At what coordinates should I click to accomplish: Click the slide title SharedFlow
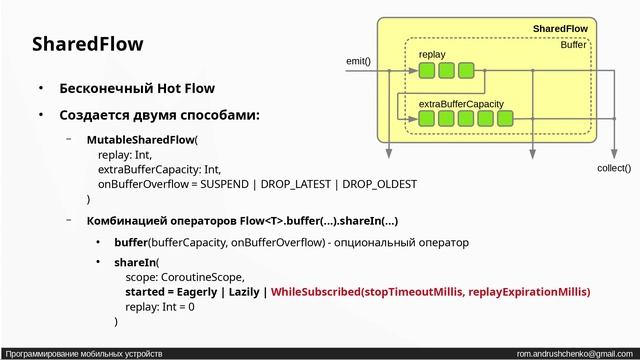(88, 44)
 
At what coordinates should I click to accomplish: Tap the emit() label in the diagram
(358, 61)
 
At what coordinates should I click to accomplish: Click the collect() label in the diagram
(613, 168)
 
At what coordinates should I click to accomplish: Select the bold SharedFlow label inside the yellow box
(560, 29)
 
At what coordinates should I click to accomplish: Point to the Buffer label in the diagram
(573, 45)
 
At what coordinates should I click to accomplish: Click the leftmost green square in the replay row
(427, 70)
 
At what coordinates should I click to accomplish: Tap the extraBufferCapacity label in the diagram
(460, 103)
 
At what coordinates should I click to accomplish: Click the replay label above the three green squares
(432, 54)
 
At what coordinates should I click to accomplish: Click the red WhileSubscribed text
(315, 291)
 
